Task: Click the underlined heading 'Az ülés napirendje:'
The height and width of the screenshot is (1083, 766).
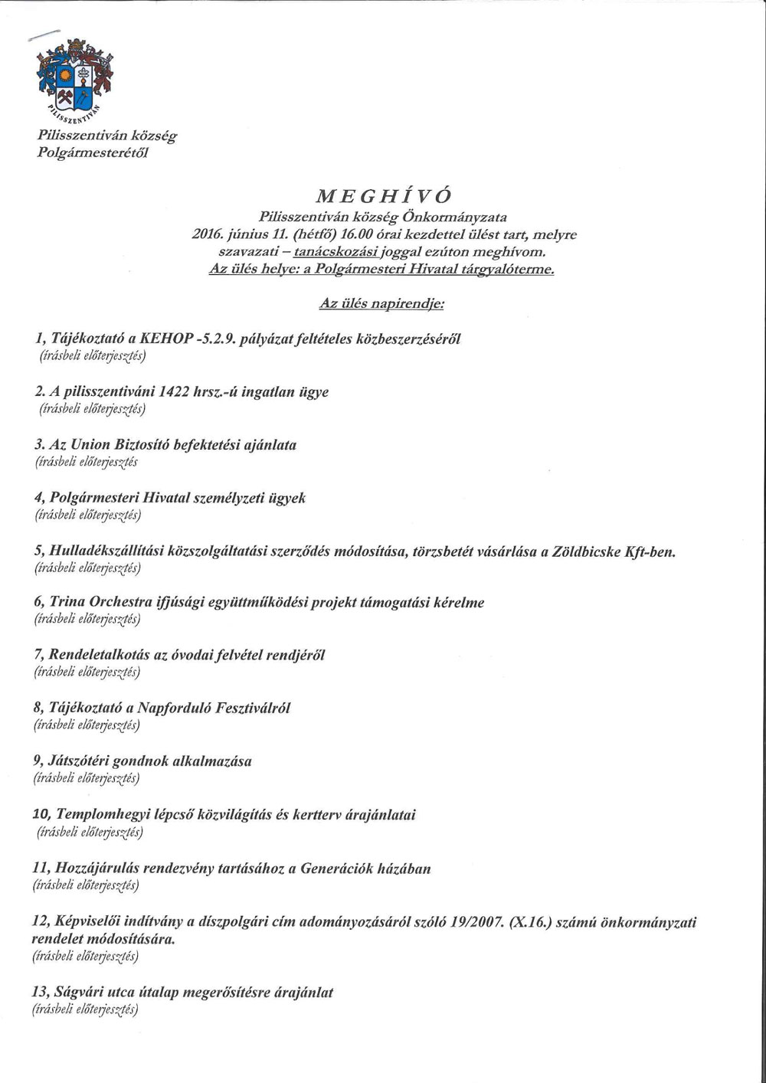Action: click(381, 304)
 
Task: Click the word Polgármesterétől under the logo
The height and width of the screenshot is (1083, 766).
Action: click(93, 152)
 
